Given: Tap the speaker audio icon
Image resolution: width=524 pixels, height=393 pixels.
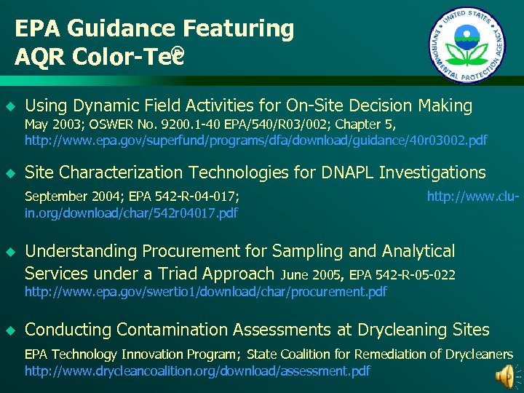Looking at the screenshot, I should pyautogui.click(x=504, y=376).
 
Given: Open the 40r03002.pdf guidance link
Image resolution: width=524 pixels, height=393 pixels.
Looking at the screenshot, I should pyautogui.click(x=256, y=140).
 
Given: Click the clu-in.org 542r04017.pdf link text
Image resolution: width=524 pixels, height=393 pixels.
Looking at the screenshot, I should pyautogui.click(x=131, y=213).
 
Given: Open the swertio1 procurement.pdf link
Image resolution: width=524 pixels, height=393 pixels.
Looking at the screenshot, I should pyautogui.click(x=205, y=292).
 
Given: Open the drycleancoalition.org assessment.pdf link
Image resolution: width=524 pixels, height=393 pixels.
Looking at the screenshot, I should pyautogui.click(x=197, y=371).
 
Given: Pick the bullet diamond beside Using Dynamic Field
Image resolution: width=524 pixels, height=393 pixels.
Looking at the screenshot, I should pyautogui.click(x=10, y=106).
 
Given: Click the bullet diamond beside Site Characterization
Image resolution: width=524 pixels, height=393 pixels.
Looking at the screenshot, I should pyautogui.click(x=10, y=173).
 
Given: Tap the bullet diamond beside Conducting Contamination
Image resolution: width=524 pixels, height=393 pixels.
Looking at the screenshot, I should pyautogui.click(x=10, y=330).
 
